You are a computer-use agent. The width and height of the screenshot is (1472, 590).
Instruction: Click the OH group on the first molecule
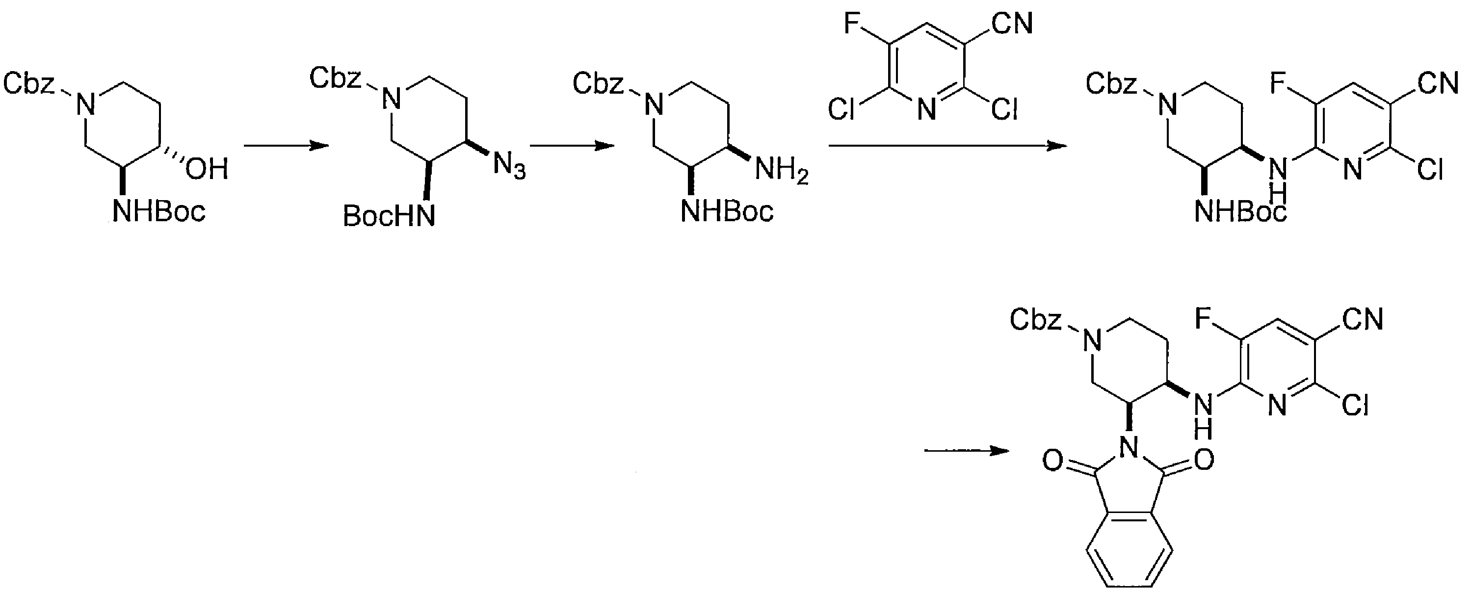click(x=207, y=169)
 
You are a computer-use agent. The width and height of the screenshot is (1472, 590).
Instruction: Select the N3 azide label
click(x=510, y=167)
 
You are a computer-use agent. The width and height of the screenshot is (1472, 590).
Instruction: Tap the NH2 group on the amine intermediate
click(x=782, y=171)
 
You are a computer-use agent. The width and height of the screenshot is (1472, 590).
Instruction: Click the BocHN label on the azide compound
click(x=389, y=216)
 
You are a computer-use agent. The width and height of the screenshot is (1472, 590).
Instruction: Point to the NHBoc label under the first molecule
click(x=159, y=212)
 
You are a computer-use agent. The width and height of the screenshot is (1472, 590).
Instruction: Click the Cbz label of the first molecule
click(x=29, y=84)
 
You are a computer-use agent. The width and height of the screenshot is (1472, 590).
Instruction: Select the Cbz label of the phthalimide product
click(x=1036, y=320)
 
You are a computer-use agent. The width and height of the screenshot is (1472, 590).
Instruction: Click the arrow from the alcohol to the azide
click(x=286, y=146)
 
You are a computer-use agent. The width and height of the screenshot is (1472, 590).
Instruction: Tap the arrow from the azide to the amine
click(x=572, y=146)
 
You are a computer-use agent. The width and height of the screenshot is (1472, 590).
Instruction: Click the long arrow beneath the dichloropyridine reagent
click(x=947, y=146)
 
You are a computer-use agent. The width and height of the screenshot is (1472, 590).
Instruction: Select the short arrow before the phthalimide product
click(x=966, y=451)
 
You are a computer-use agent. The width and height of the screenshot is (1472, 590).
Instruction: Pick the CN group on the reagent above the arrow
click(x=1013, y=24)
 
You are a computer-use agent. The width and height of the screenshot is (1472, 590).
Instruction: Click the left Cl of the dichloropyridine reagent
click(x=841, y=109)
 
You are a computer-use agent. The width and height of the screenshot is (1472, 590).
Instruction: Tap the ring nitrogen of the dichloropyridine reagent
click(x=927, y=108)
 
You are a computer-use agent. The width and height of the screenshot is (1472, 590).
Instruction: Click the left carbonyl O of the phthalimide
click(x=1052, y=461)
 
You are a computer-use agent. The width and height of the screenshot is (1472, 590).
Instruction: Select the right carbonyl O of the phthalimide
click(x=1204, y=461)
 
